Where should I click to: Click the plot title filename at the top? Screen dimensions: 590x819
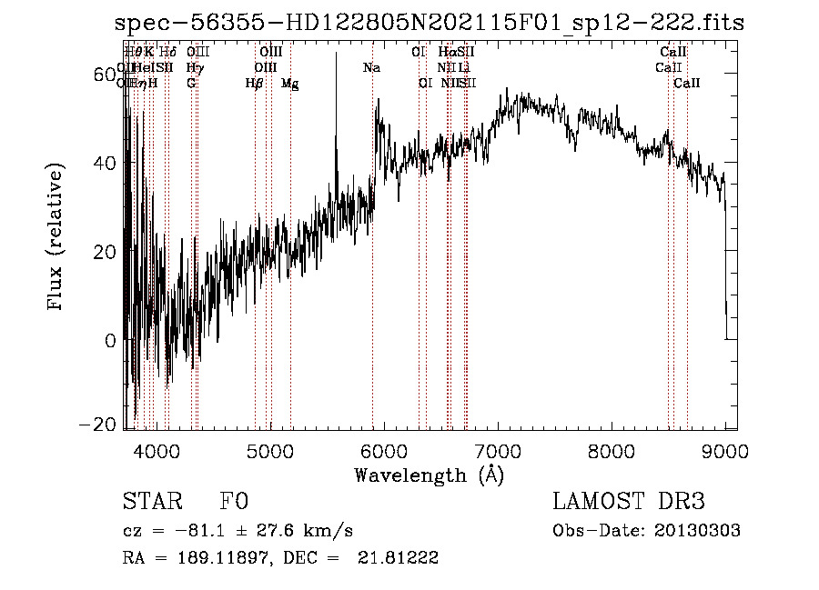coord(430,25)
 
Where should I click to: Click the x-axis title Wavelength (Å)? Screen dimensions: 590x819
coord(429,475)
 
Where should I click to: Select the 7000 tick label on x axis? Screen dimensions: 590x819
coord(498,452)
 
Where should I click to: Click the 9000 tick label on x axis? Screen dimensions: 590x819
coord(726,452)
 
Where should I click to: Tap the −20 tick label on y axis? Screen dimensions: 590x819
coord(100,425)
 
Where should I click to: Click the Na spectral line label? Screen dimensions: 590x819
coord(371,67)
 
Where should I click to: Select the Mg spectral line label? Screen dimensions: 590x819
coord(289,84)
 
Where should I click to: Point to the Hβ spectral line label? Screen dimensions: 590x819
coord(254,84)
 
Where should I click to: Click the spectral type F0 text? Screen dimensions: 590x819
coord(234,502)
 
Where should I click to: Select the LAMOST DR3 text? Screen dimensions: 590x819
coord(628,502)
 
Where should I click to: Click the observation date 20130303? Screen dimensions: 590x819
coord(696,531)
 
